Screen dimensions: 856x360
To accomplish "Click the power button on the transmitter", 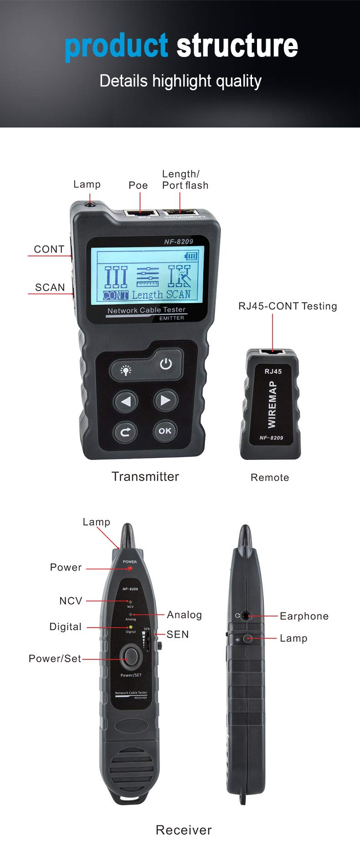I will click(x=166, y=364).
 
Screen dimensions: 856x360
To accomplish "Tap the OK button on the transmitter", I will click(x=165, y=431).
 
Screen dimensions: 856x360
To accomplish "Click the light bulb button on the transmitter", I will click(x=126, y=370).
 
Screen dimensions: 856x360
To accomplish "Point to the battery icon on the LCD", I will click(x=191, y=256).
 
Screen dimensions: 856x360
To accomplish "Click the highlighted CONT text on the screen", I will click(x=115, y=295).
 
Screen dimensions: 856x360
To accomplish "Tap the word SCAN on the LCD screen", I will click(x=178, y=294).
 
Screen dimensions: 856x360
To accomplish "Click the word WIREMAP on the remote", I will click(x=272, y=405).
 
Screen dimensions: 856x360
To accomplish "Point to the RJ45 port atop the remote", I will click(x=272, y=352).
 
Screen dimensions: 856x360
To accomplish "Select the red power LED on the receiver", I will click(x=130, y=569).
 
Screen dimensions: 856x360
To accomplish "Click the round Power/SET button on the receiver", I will click(x=131, y=656).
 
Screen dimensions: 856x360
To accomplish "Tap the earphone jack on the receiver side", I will click(x=247, y=616).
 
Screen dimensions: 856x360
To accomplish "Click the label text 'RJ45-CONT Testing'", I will click(x=288, y=306).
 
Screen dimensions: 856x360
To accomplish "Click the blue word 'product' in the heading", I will click(x=116, y=47).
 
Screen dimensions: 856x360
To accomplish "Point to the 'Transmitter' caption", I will click(x=145, y=477).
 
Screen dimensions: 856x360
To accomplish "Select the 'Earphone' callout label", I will click(x=304, y=616).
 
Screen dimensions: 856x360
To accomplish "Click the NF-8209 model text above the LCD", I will click(x=179, y=241).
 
